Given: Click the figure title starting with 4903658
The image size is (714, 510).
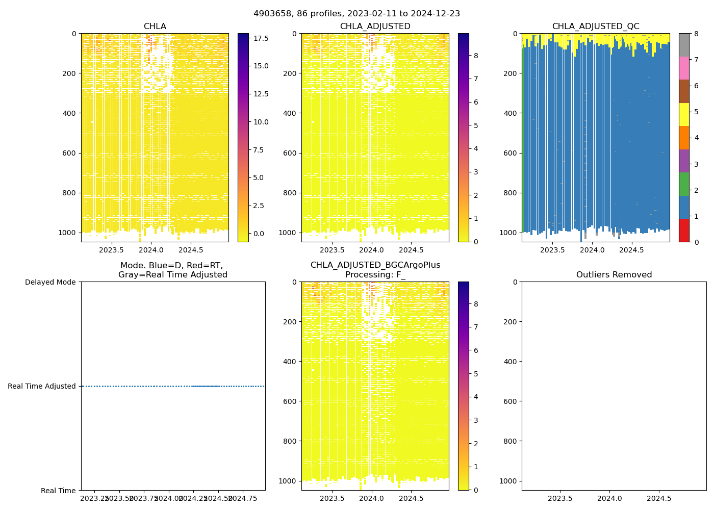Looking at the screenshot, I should [356, 14].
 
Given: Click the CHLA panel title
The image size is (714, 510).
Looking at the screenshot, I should [155, 27].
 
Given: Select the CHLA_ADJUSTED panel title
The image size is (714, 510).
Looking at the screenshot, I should [375, 27].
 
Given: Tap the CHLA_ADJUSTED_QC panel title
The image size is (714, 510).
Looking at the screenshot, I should [595, 27].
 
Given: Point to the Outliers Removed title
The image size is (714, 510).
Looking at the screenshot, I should [614, 275].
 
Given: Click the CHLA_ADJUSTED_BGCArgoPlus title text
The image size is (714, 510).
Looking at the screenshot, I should [375, 265].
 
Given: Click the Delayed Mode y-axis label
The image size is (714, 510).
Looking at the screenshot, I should [50, 282].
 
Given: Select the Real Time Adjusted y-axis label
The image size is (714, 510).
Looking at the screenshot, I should [41, 386].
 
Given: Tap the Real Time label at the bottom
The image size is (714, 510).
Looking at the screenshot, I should [58, 491].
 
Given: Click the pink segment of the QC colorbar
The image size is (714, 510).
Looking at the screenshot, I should [684, 68].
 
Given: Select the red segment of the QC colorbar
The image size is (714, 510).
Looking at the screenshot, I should [684, 230].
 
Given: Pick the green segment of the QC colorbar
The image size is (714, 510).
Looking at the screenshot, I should [684, 184].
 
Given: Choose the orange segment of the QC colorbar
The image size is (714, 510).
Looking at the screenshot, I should [684, 137].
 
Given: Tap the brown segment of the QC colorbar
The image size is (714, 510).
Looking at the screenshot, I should [684, 91].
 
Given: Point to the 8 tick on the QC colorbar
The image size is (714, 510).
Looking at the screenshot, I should [696, 34].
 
